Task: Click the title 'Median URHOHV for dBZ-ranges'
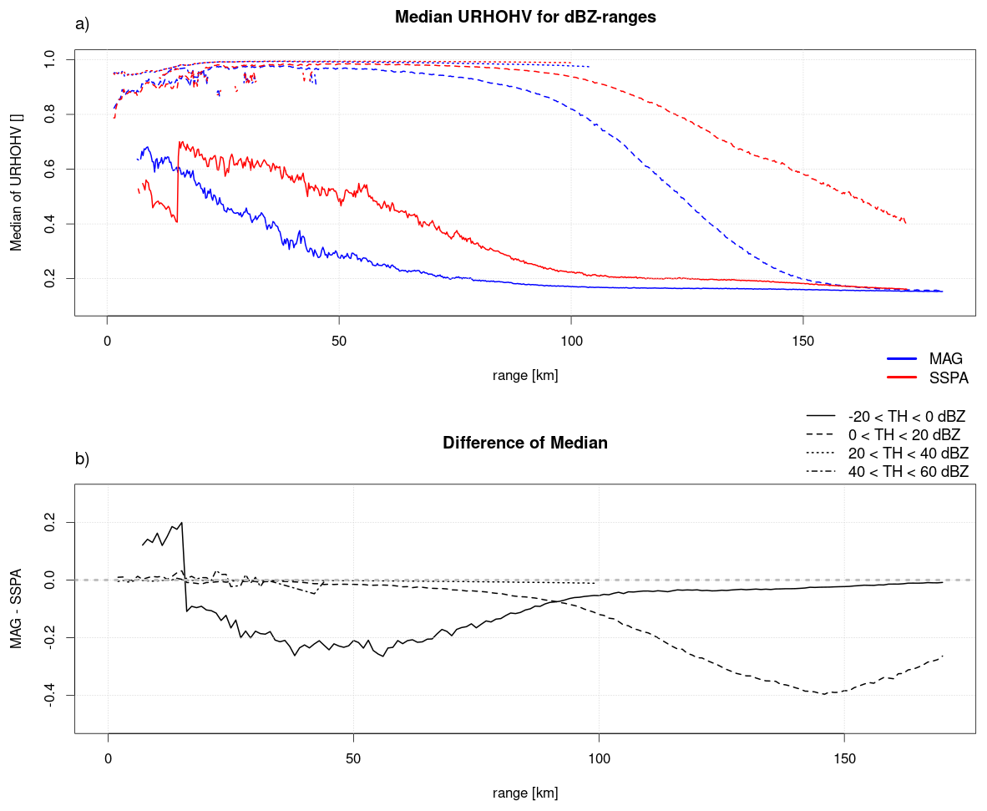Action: click(x=525, y=17)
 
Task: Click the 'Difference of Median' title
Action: click(x=525, y=443)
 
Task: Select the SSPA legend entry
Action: click(x=927, y=378)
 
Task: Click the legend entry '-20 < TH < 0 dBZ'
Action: click(x=886, y=416)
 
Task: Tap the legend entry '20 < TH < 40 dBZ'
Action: click(x=888, y=453)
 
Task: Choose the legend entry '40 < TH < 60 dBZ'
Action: click(x=888, y=471)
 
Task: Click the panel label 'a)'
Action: click(x=82, y=24)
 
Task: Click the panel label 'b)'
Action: click(x=82, y=459)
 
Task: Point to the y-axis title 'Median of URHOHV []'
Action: click(x=17, y=183)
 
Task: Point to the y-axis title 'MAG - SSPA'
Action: click(x=17, y=609)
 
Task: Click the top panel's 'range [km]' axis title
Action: click(x=525, y=376)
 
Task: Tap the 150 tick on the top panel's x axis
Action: click(x=803, y=341)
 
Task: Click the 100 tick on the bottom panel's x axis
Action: click(x=599, y=758)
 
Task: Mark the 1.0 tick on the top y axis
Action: click(x=50, y=60)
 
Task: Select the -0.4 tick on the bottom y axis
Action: click(x=50, y=696)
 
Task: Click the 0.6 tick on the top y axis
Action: click(x=50, y=170)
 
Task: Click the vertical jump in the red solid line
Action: click(x=178, y=182)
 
